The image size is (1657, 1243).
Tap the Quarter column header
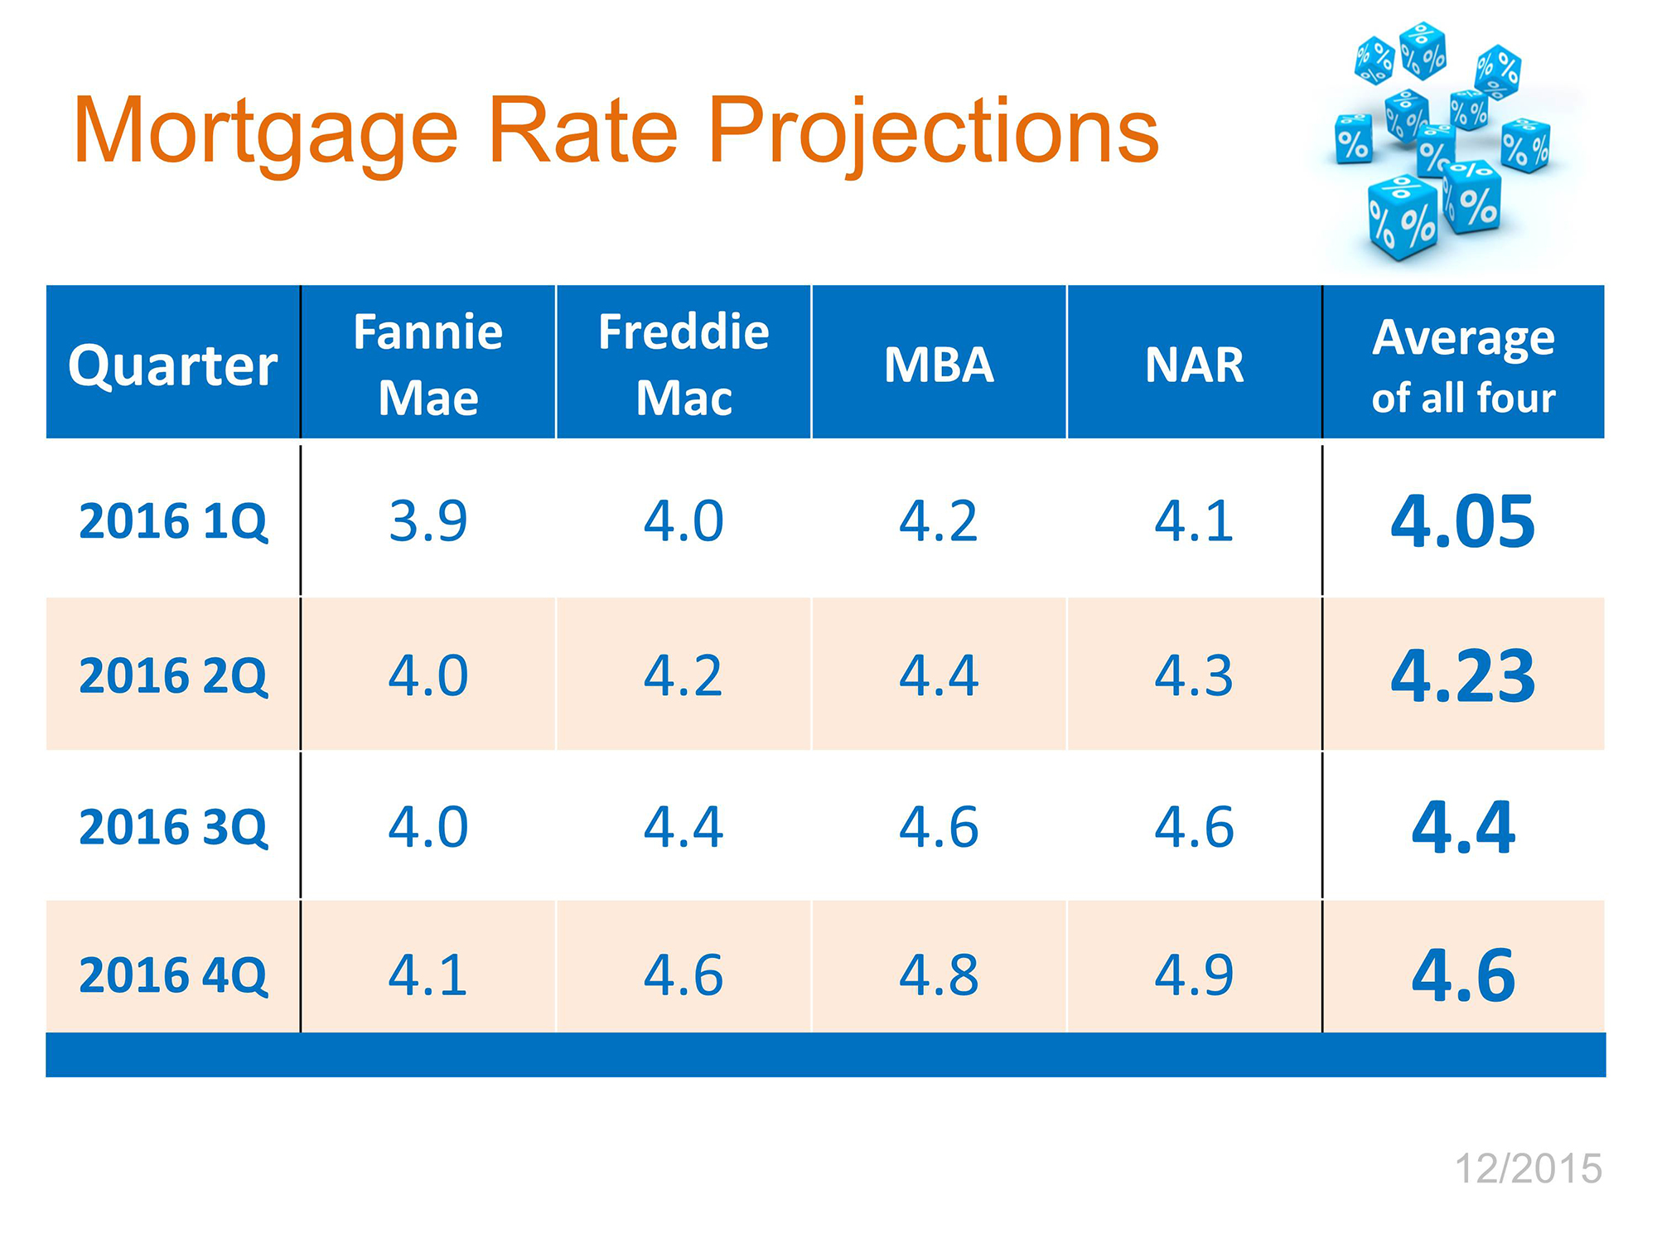point(172,365)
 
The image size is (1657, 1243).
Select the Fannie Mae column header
point(428,365)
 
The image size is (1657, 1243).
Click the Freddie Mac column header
point(684,365)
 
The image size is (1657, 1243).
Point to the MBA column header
point(939,365)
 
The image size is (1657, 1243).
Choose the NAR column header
point(1194,365)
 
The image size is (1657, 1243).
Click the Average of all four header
point(1463,366)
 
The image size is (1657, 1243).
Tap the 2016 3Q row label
point(173,827)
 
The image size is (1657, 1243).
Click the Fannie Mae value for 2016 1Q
point(428,521)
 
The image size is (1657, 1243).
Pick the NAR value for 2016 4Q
point(1194,975)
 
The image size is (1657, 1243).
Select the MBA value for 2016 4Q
point(939,975)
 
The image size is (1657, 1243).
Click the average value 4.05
point(1463,521)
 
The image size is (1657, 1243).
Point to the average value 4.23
point(1463,675)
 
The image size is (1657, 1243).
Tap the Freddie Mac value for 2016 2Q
point(684,675)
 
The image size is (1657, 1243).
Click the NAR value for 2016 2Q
point(1194,675)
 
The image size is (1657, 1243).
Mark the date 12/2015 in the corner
point(1529,1169)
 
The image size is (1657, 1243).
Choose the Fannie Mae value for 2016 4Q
point(428,975)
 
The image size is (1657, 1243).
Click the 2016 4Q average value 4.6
point(1463,975)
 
